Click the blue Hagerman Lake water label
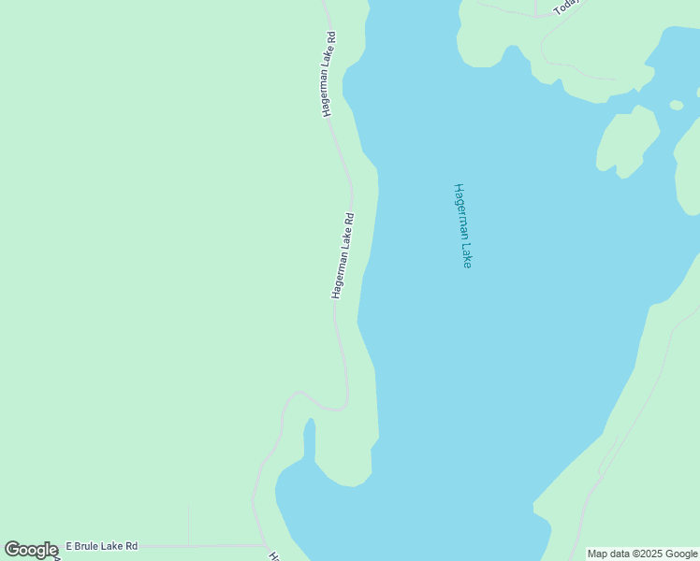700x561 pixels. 462,225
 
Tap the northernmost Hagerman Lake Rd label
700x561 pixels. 328,74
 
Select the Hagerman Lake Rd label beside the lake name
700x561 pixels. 343,256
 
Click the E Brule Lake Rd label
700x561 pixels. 101,546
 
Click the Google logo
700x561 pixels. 32,550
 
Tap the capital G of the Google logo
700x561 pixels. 13,550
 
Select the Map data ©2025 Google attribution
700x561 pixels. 642,554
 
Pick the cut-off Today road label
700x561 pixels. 566,7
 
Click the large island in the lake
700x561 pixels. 627,140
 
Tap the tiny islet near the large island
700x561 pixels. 677,105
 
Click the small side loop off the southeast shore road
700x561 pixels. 606,459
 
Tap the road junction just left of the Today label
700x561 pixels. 534,16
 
